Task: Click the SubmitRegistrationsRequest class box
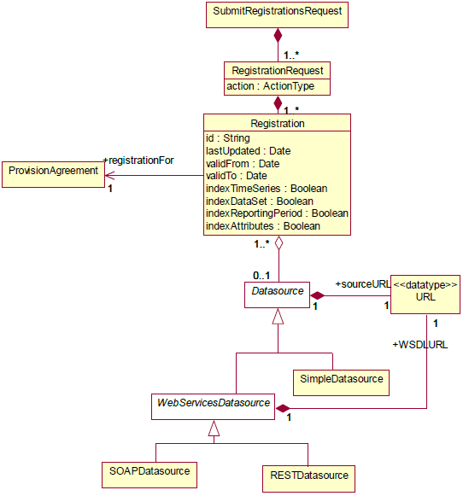(x=278, y=15)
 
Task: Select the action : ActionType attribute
(x=271, y=86)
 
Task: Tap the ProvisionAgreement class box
(x=53, y=174)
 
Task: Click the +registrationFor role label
(x=138, y=160)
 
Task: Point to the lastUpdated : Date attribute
(x=248, y=151)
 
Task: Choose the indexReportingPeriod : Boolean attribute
(x=277, y=213)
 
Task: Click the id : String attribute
(x=228, y=138)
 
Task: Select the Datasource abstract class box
(x=278, y=295)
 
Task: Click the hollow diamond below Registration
(x=278, y=243)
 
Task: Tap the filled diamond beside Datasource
(x=318, y=295)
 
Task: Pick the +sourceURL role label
(x=363, y=284)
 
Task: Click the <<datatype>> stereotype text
(x=425, y=284)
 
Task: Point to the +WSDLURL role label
(x=420, y=345)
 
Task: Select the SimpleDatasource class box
(x=341, y=382)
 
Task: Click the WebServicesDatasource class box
(x=213, y=407)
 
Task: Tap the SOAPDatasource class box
(x=149, y=475)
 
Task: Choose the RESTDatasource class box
(x=308, y=479)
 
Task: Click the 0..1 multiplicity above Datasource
(x=261, y=276)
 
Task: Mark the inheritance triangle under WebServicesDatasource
(x=214, y=428)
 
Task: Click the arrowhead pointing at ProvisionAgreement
(x=109, y=176)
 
